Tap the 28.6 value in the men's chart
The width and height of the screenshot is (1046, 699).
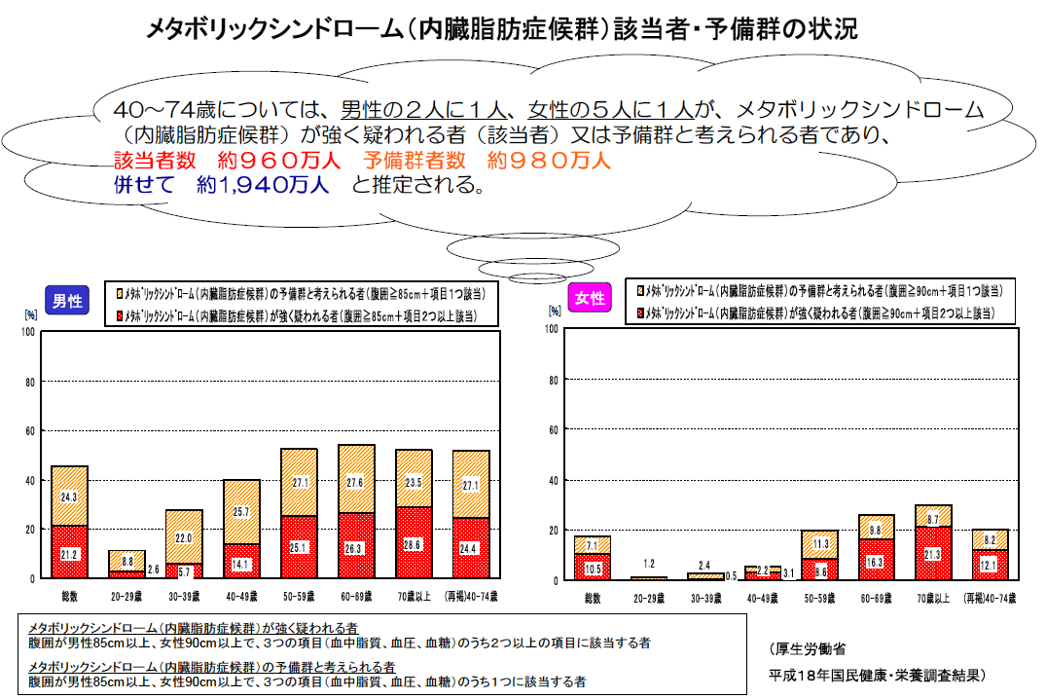point(414,544)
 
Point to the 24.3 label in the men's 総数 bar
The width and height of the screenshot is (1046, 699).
point(70,497)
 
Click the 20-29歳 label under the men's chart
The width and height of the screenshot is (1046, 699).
point(126,595)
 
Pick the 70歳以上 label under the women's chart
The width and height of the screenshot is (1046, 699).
point(933,596)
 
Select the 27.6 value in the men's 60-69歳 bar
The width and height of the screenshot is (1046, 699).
point(356,482)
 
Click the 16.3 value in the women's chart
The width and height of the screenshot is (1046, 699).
point(876,562)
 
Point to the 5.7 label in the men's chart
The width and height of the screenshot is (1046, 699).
point(185,570)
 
